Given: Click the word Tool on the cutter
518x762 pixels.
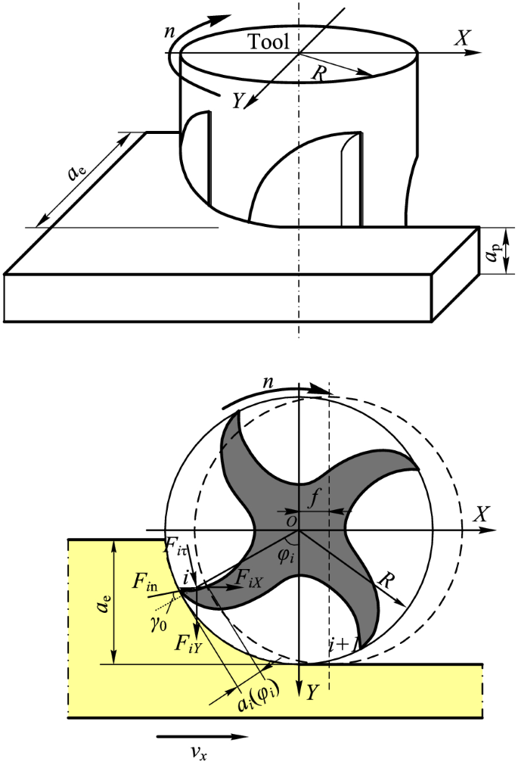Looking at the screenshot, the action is coord(268,42).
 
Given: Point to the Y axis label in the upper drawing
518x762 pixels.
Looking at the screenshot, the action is coord(237,101).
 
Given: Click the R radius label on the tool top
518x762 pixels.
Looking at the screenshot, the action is coord(318,73).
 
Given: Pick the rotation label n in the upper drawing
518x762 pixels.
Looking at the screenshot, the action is coord(169,32).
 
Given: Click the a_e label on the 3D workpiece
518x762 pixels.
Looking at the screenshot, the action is coord(79,173).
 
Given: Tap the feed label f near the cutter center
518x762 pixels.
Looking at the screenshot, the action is coord(315,498).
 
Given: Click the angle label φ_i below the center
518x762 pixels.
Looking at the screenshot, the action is coord(286,555).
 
